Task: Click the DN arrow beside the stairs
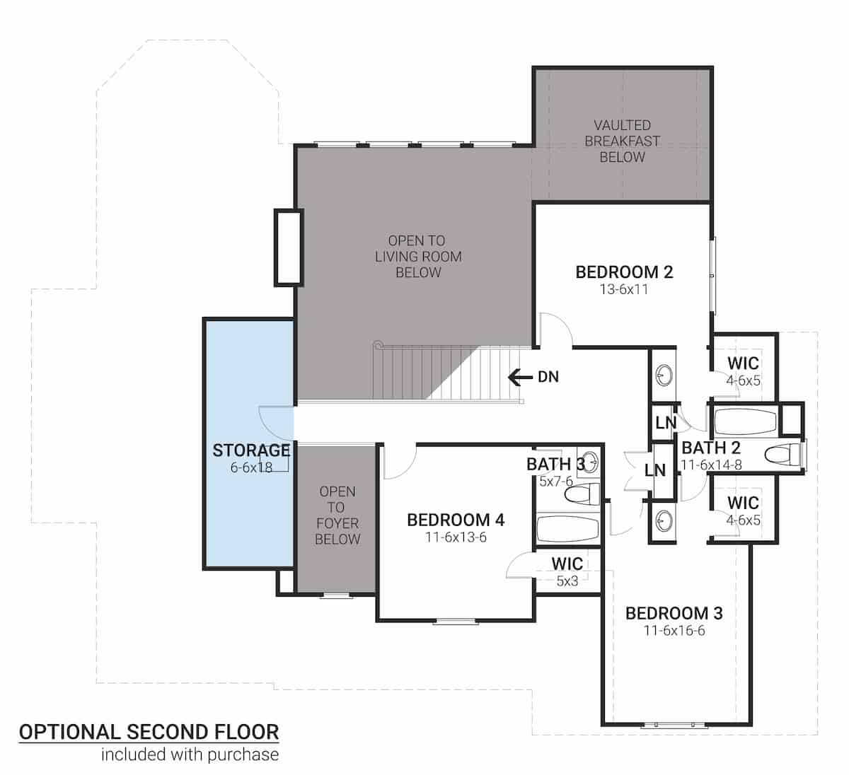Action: pos(521,377)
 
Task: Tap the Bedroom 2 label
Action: pos(623,272)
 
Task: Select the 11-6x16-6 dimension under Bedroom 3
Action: pos(674,631)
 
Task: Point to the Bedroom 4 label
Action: pos(456,520)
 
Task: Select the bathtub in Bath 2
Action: pos(743,422)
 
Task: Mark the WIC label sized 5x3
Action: pos(567,564)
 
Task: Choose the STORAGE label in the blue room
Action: pos(251,450)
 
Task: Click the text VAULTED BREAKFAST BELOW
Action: pos(622,141)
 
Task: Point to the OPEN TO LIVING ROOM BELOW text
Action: pos(417,257)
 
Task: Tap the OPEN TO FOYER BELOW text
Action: pos(337,515)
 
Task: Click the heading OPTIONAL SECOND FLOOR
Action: pos(149,732)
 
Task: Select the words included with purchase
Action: pos(190,754)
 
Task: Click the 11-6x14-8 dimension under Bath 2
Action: pos(710,465)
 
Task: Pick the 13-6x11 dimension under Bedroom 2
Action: pos(623,289)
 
